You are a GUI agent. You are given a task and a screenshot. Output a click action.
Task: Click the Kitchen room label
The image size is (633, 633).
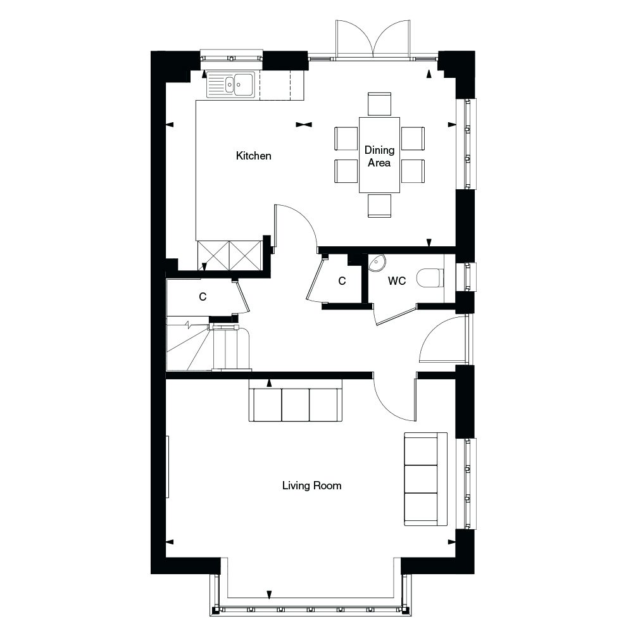click(x=253, y=156)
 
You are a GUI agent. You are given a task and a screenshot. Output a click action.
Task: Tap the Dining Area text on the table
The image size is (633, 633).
click(x=379, y=156)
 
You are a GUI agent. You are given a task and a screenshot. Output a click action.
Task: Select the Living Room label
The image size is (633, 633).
click(x=311, y=486)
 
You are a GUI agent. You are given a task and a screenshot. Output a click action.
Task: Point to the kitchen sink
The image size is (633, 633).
click(x=230, y=84)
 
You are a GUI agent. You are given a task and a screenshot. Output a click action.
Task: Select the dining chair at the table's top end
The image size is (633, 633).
click(x=379, y=103)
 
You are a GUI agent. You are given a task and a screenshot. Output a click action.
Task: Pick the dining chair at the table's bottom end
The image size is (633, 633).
click(x=379, y=206)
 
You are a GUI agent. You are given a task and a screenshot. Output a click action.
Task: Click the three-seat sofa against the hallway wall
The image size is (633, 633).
click(x=296, y=404)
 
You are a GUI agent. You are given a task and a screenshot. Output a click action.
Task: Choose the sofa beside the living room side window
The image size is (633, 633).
click(x=425, y=479)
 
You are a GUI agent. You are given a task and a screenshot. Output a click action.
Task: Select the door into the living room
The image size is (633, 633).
click(x=396, y=399)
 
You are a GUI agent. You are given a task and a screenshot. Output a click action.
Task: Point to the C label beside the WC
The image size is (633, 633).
click(x=342, y=280)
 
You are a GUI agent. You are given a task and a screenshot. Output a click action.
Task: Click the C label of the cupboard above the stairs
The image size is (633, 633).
click(x=203, y=296)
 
